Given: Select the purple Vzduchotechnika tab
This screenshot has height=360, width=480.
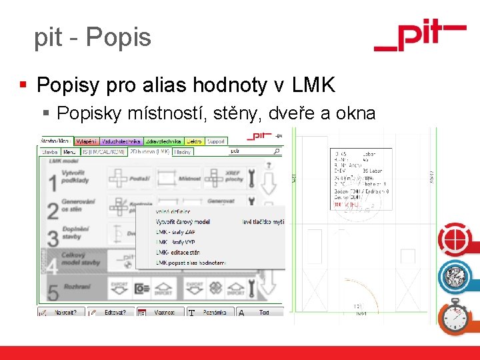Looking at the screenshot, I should (121, 141).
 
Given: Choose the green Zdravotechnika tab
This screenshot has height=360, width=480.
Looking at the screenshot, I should (163, 141).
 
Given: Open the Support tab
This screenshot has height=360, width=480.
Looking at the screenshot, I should (216, 141).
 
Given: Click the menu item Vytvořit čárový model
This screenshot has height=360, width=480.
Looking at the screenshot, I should (183, 221).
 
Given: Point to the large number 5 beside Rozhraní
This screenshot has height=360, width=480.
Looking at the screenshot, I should (51, 291).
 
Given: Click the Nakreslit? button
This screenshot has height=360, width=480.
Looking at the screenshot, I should (63, 312).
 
